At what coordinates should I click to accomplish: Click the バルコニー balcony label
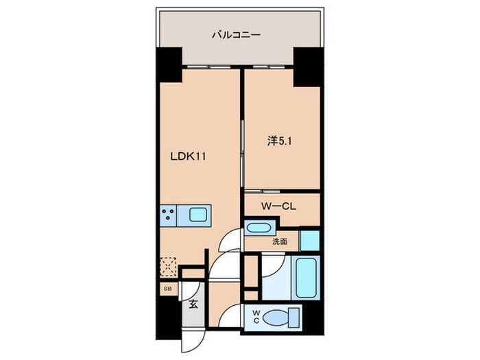click(235, 33)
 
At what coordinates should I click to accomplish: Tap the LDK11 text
click(189, 156)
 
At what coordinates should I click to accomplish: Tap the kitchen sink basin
click(198, 217)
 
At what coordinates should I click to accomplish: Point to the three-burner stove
click(169, 217)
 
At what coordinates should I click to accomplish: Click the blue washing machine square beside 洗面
click(309, 241)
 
